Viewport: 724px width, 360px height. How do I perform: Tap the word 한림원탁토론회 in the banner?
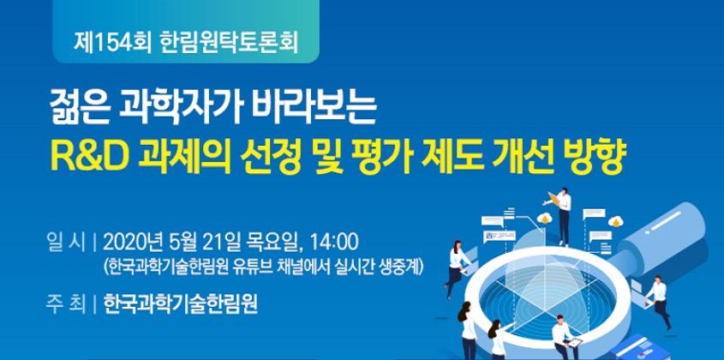[x=228, y=43]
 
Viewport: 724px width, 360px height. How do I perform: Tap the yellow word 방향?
[x=595, y=158]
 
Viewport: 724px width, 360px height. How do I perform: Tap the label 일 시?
[x=66, y=242]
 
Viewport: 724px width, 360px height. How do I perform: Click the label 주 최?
[x=66, y=305]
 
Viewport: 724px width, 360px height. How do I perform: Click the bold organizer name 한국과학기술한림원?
[x=180, y=305]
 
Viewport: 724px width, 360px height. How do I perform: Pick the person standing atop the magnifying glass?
[x=561, y=216]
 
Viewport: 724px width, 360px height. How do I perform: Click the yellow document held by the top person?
[x=553, y=198]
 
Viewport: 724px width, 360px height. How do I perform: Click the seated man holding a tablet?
[x=564, y=338]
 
